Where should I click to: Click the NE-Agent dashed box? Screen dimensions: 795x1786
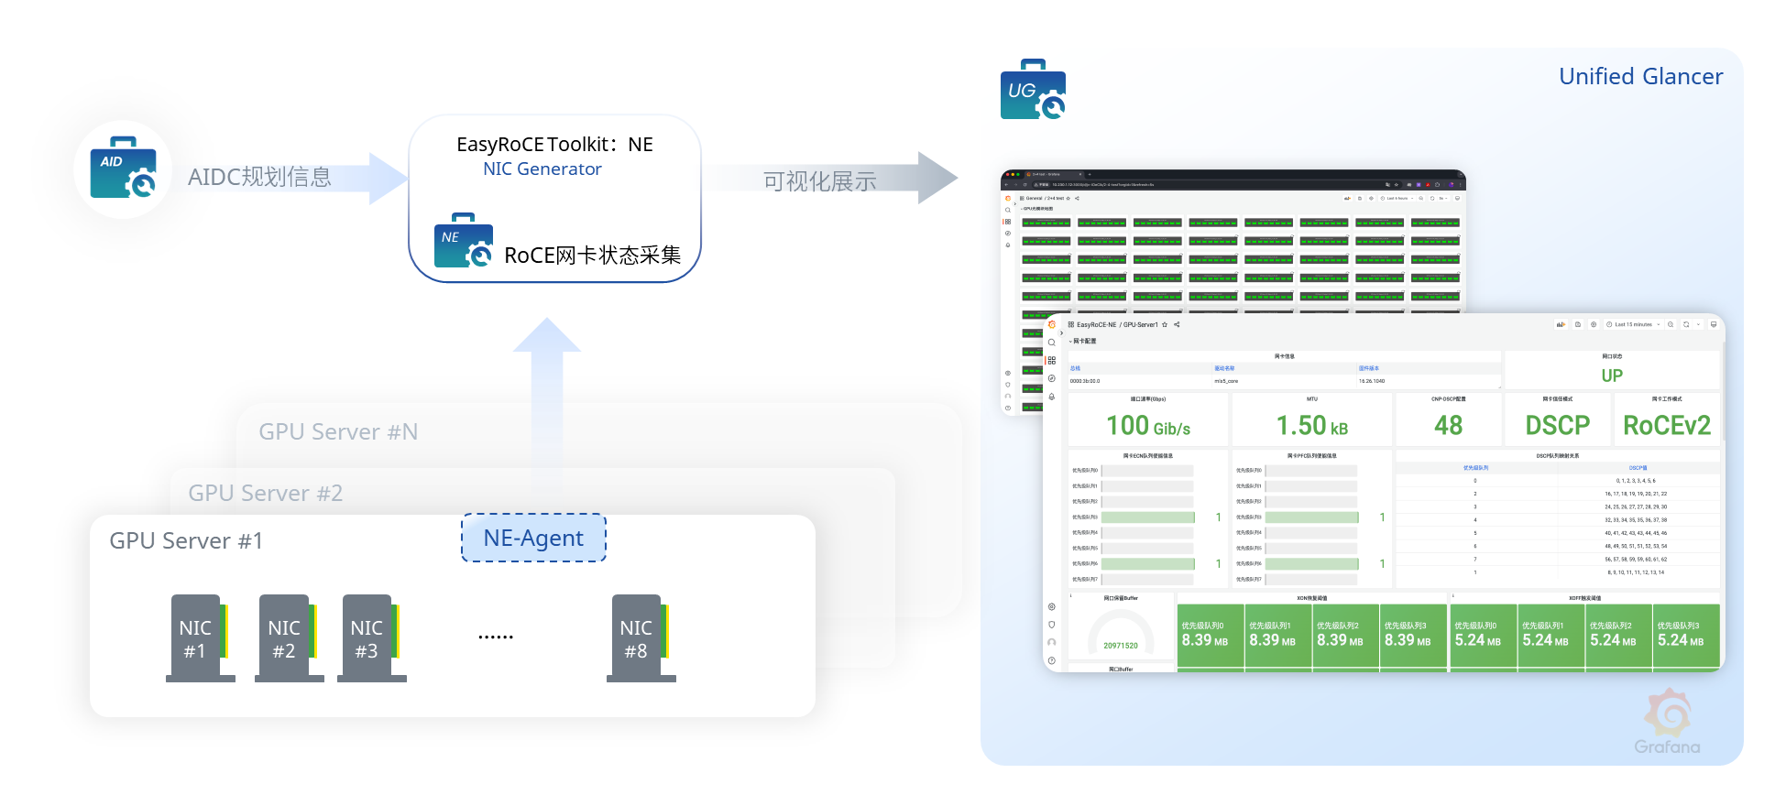pyautogui.click(x=533, y=538)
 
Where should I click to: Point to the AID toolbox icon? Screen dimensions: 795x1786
pyautogui.click(x=124, y=169)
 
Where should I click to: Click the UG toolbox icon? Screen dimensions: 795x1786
pyautogui.click(x=1033, y=91)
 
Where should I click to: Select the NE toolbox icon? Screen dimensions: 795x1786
pyautogui.click(x=464, y=242)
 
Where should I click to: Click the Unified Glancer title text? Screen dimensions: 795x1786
pyautogui.click(x=1640, y=77)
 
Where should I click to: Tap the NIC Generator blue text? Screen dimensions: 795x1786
pyautogui.click(x=542, y=169)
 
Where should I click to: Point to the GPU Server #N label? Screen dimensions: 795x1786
pyautogui.click(x=338, y=431)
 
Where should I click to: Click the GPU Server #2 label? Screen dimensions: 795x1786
pyautogui.click(x=265, y=493)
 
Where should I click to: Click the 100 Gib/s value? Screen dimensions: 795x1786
pyautogui.click(x=1148, y=426)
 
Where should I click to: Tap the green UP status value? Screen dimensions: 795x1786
pyautogui.click(x=1612, y=376)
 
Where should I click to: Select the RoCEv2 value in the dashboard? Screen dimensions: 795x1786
pyautogui.click(x=1667, y=426)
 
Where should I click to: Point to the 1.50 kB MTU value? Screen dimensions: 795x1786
pyautogui.click(x=1312, y=426)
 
